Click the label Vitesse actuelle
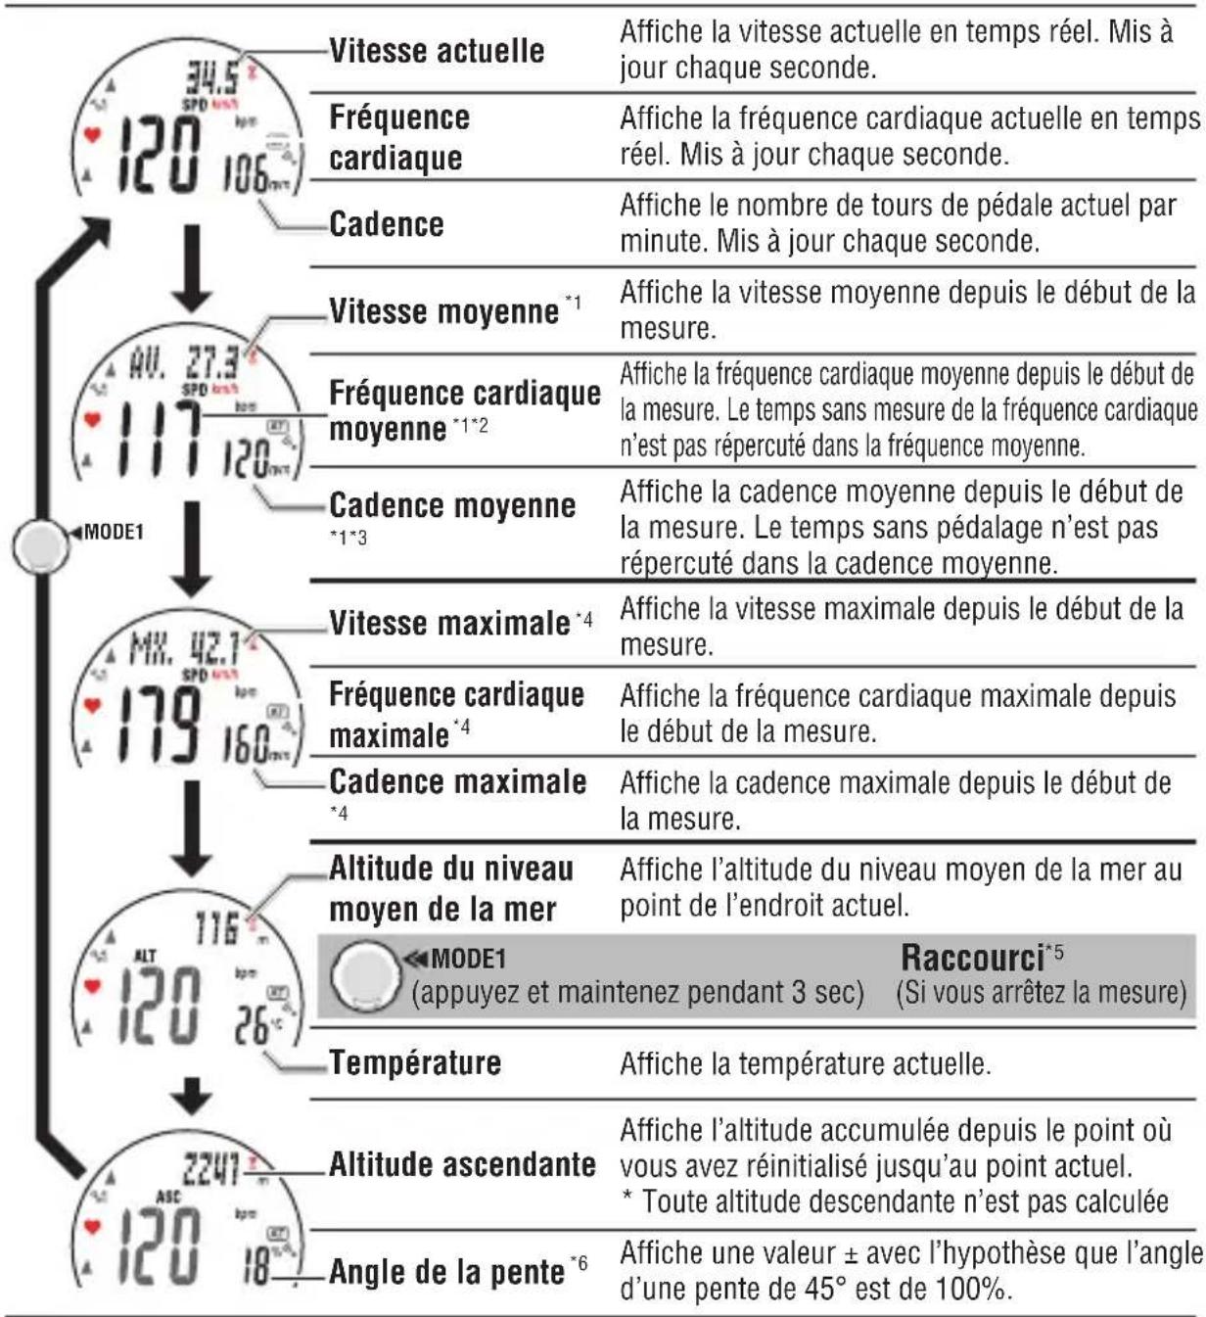click(x=437, y=50)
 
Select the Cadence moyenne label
click(x=452, y=505)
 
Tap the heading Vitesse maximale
click(x=449, y=623)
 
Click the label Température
click(x=415, y=1062)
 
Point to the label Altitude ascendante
click(x=462, y=1164)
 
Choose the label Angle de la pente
click(x=446, y=1272)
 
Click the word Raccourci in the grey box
click(x=972, y=957)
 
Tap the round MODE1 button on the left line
click(x=40, y=546)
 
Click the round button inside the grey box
click(x=364, y=976)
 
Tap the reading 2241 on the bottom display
click(x=211, y=1167)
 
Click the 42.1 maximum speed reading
click(x=214, y=649)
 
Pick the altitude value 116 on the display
click(x=217, y=926)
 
